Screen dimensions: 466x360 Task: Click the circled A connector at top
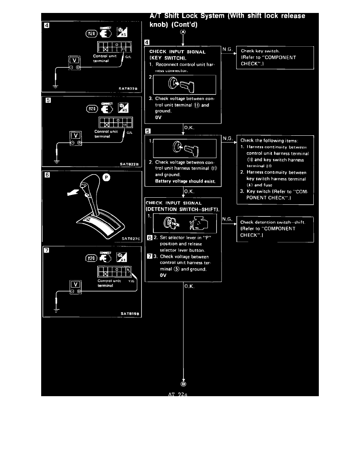183,32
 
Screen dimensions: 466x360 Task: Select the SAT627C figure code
131,238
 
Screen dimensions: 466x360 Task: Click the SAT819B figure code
131,313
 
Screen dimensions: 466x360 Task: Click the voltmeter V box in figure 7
75,284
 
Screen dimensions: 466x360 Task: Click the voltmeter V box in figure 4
74,60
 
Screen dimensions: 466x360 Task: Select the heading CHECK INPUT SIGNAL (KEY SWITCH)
178,55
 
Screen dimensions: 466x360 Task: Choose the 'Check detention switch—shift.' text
273,222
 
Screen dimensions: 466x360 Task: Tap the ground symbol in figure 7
57,309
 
